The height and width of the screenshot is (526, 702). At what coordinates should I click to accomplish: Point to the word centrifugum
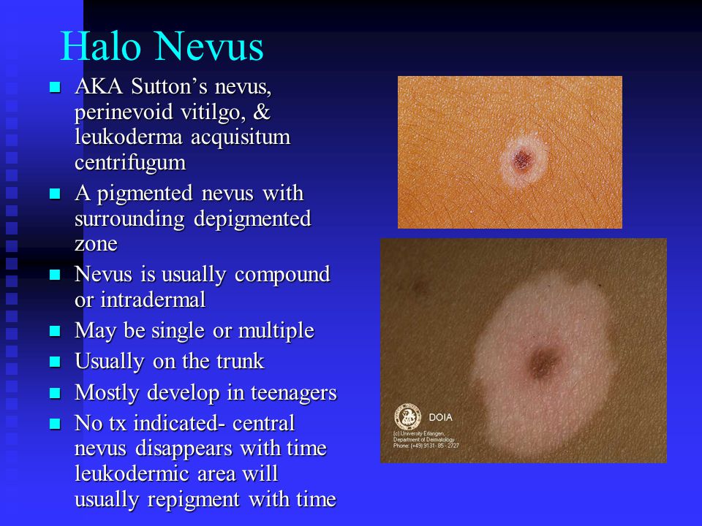pos(130,161)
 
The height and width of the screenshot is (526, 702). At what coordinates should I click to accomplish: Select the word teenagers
pos(292,393)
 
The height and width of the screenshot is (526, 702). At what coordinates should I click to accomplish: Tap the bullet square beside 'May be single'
pos(54,332)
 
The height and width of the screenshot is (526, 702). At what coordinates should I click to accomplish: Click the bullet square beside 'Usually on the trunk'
pos(54,362)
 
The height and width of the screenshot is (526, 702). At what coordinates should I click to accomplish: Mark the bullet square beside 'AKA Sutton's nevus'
pos(54,88)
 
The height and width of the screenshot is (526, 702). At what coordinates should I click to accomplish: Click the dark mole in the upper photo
pos(522,160)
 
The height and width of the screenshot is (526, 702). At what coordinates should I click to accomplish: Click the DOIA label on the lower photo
pos(440,417)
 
